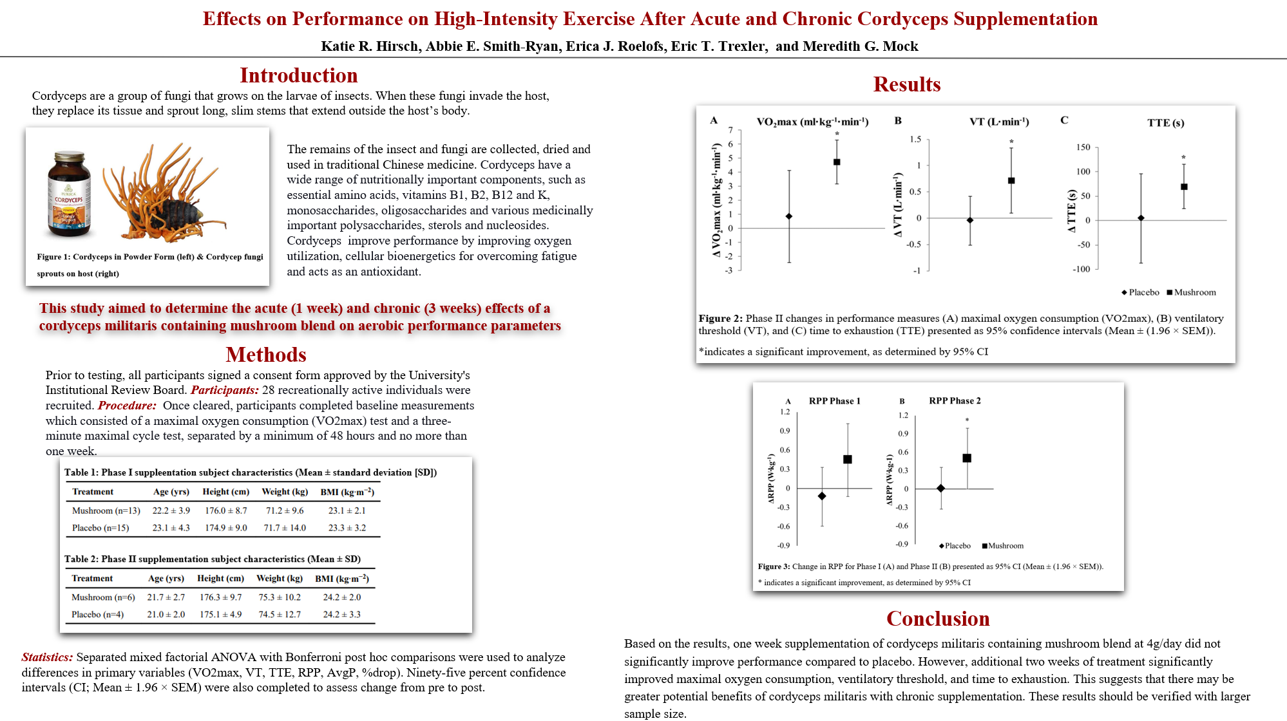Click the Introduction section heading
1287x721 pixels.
tap(298, 75)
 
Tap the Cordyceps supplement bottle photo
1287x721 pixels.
tap(69, 194)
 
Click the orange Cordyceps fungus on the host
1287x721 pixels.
tap(164, 190)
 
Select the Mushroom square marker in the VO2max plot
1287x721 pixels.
tap(837, 162)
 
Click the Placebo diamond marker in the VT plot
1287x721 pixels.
tap(970, 220)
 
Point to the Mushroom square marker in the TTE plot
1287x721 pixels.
tap(1184, 187)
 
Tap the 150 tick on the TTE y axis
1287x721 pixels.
tap(1083, 147)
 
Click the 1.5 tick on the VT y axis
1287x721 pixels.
tap(915, 139)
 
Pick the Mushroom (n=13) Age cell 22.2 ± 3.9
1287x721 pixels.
tap(171, 510)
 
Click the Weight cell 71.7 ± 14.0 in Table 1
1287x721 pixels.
tap(285, 528)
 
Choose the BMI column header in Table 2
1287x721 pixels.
tap(342, 578)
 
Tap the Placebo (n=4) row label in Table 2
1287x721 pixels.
tap(98, 614)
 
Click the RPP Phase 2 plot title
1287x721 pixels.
tap(955, 400)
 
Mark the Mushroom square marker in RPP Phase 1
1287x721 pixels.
tap(848, 459)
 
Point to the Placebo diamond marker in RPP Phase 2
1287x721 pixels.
tap(941, 489)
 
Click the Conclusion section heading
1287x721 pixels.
tap(938, 619)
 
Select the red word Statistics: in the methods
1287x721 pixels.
tap(47, 657)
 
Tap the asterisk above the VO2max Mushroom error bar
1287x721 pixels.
tap(837, 135)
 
